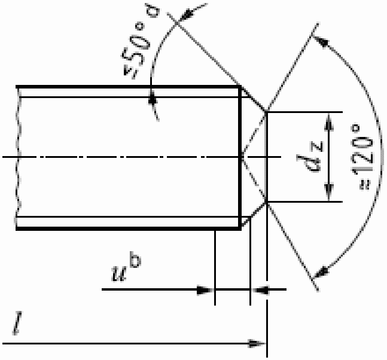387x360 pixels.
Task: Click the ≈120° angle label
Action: click(362, 158)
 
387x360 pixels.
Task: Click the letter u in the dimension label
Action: click(120, 273)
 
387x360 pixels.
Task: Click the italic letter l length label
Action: click(17, 323)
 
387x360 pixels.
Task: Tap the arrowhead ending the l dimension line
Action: click(257, 343)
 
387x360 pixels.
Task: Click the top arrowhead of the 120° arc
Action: click(321, 41)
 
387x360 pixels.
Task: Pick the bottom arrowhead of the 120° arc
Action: click(321, 272)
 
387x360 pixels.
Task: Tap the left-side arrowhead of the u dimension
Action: click(205, 289)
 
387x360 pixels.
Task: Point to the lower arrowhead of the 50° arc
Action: click(153, 98)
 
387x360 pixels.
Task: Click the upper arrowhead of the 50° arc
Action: click(187, 16)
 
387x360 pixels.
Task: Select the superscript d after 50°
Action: click(154, 11)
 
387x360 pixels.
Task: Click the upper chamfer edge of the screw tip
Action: click(254, 99)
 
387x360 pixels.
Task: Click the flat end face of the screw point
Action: click(267, 157)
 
